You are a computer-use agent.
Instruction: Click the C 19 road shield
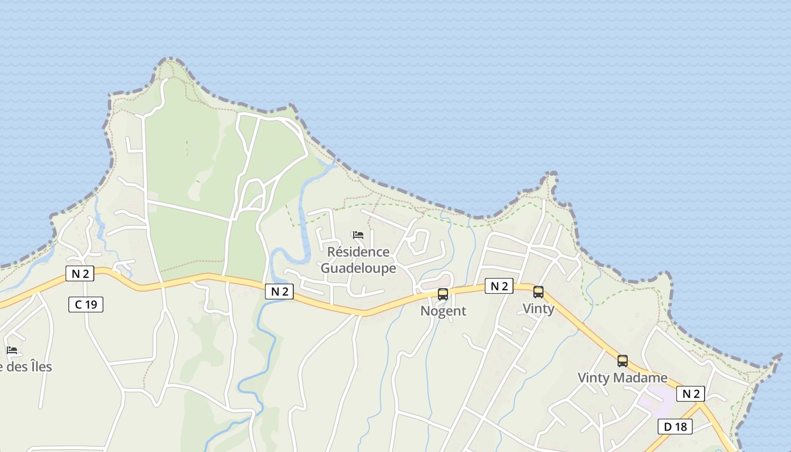86,305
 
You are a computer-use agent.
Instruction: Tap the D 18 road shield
675,427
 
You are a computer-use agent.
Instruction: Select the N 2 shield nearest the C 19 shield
80,274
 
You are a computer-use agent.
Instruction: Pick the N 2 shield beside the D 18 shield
690,394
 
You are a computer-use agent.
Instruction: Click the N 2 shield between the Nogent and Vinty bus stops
499,286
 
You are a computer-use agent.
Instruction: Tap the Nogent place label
444,311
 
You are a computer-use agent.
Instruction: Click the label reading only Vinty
538,308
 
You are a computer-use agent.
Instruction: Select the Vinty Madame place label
622,377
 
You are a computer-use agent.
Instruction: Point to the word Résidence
359,252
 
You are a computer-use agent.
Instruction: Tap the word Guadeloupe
359,268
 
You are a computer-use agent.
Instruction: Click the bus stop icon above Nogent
443,294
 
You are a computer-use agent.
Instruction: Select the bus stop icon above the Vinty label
538,292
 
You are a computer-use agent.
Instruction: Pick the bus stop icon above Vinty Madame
623,361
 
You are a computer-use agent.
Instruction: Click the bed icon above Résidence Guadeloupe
358,235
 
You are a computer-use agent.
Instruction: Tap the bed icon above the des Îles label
12,350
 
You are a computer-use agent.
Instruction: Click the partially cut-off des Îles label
26,367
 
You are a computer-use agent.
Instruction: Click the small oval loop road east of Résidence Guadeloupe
419,241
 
